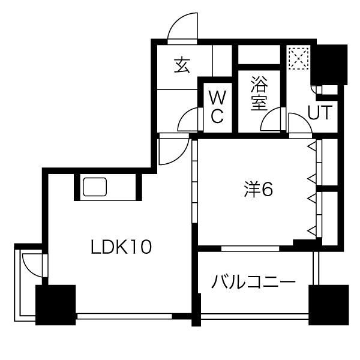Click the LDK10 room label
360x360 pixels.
pyautogui.click(x=121, y=247)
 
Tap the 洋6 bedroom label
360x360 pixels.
pyautogui.click(x=259, y=190)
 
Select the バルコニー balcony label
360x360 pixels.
pyautogui.click(x=253, y=282)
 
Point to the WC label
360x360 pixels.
pyautogui.click(x=217, y=107)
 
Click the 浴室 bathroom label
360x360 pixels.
pyautogui.click(x=259, y=93)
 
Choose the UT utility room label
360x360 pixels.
pyautogui.click(x=320, y=112)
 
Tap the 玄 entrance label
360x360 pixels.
pyautogui.click(x=182, y=65)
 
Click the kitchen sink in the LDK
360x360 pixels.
pyautogui.click(x=95, y=187)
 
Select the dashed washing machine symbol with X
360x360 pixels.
pyautogui.click(x=298, y=59)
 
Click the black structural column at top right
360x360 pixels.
pyautogui.click(x=329, y=65)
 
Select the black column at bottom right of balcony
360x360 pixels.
pyautogui.click(x=329, y=305)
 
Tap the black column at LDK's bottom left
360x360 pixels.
pyautogui.click(x=56, y=305)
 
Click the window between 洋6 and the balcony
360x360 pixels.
pyautogui.click(x=250, y=248)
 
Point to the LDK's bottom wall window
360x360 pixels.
pyautogui.click(x=125, y=316)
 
